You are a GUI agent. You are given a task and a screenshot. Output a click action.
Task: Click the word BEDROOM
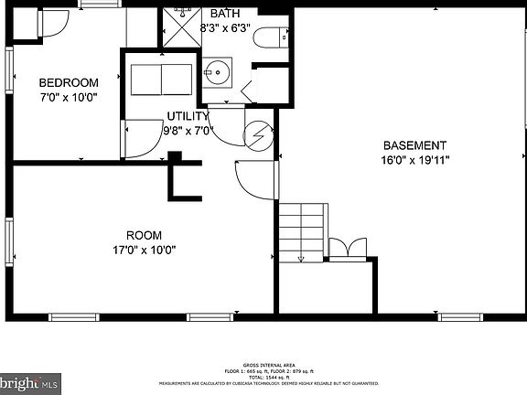[68, 83]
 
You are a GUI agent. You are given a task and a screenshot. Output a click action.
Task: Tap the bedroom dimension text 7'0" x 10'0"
[68, 96]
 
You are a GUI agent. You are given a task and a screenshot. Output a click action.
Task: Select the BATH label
[225, 14]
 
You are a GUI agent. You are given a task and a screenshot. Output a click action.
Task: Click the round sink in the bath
[217, 69]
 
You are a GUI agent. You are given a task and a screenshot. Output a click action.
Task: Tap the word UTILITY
[187, 116]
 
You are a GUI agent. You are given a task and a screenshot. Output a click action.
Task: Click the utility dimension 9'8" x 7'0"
[187, 130]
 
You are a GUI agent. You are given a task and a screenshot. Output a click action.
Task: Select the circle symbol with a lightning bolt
[259, 134]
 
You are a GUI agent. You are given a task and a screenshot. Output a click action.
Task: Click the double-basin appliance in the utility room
[158, 80]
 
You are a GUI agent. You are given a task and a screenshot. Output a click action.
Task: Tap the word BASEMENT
[414, 145]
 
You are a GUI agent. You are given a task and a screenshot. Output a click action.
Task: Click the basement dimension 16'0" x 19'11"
[414, 159]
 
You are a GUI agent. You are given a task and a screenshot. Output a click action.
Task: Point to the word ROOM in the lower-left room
[144, 234]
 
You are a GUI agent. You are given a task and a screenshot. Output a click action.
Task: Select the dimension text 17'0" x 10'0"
[144, 248]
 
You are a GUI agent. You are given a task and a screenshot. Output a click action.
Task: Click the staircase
[302, 232]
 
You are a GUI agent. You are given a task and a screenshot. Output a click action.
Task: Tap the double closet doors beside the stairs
[347, 249]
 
